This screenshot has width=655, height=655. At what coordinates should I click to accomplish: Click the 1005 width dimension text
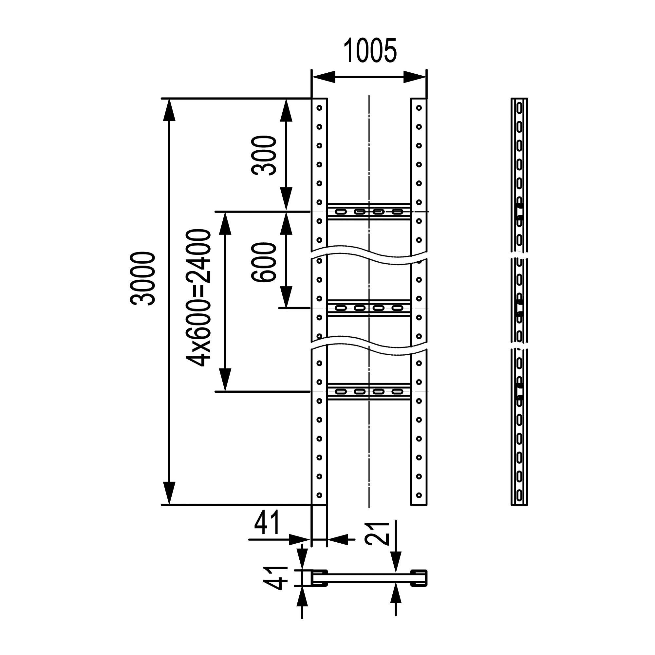click(x=370, y=51)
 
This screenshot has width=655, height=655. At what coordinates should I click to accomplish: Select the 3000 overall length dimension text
click(x=143, y=279)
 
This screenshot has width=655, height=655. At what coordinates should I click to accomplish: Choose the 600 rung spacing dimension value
click(x=264, y=262)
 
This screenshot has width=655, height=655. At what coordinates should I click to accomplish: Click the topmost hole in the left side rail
click(x=319, y=108)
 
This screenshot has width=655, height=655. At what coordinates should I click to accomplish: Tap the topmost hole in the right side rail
click(x=419, y=108)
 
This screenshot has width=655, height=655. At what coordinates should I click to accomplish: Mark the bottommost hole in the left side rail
click(x=319, y=495)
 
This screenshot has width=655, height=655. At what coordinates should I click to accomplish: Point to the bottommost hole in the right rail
click(x=419, y=495)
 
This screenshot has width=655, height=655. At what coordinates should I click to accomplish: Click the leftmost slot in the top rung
click(x=341, y=212)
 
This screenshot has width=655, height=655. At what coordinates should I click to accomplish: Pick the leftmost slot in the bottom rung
click(x=341, y=392)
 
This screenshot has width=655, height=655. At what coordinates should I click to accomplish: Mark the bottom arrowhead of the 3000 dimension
click(x=169, y=494)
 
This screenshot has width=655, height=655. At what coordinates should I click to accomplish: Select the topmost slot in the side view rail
click(x=519, y=108)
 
